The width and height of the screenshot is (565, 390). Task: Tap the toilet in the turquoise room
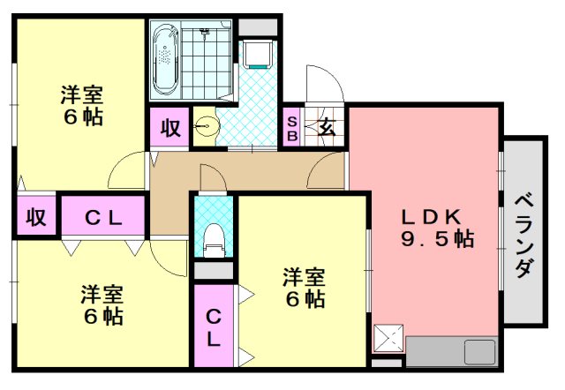(213, 239)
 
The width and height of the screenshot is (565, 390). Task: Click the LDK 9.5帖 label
(438, 228)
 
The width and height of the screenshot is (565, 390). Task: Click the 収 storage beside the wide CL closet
(35, 217)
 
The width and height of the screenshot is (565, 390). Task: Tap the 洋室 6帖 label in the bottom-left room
(102, 304)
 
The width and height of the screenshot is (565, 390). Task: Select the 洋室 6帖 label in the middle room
(303, 288)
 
